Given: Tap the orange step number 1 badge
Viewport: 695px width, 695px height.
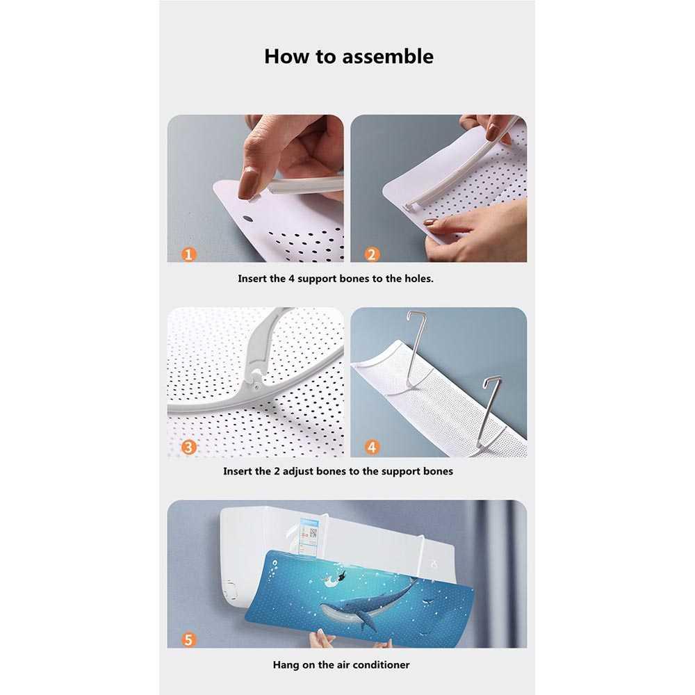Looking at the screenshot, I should [188, 254].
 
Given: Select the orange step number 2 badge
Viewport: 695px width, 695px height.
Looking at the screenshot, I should [372, 254].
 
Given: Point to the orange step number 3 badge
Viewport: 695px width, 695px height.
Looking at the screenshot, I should [188, 447].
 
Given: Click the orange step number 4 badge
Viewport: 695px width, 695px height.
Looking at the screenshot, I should [372, 447].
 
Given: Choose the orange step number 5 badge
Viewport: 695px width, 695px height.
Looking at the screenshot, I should [188, 639].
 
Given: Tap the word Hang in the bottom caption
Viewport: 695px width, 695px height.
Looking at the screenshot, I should [285, 664].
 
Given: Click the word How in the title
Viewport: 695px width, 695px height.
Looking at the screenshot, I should [283, 56].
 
